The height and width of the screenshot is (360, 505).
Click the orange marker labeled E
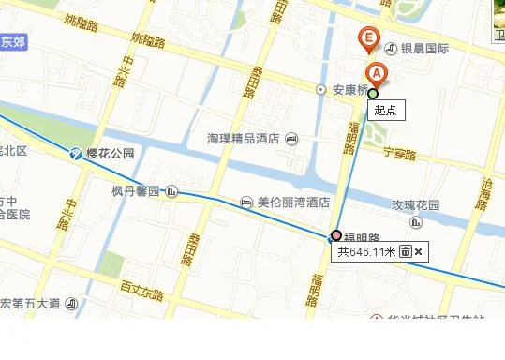369,40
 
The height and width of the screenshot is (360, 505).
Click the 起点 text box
385,110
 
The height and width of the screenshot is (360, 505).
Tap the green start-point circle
373,93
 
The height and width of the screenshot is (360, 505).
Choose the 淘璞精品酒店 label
244,139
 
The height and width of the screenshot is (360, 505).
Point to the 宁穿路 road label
399,153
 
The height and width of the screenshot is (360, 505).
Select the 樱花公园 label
111,154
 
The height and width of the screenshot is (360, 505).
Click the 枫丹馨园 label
136,192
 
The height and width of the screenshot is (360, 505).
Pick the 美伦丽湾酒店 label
293,202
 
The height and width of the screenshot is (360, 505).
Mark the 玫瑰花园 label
416,204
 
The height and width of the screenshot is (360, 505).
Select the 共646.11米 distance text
366,251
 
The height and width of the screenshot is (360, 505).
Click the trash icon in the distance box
406,251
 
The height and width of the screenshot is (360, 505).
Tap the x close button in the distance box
419,251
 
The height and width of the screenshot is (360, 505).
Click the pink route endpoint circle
336,234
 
